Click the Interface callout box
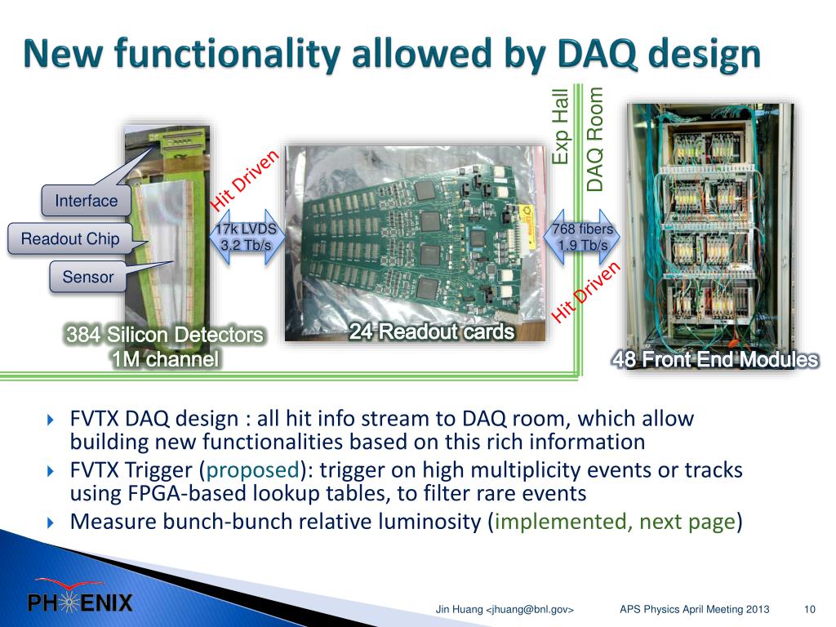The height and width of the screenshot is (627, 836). (x=87, y=201)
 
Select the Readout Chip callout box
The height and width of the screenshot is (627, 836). (x=70, y=238)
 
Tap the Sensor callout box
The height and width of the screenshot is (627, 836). (x=88, y=277)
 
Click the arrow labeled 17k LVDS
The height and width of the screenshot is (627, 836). (x=246, y=238)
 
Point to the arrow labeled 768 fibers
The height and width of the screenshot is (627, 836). (x=582, y=238)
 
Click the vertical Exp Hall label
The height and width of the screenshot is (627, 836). (x=560, y=127)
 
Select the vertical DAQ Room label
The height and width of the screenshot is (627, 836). (x=594, y=139)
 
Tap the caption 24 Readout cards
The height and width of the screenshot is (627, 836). (x=432, y=331)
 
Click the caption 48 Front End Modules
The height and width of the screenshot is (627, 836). (x=715, y=359)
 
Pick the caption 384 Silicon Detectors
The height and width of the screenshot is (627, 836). (x=165, y=335)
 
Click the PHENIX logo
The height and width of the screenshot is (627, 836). (x=79, y=596)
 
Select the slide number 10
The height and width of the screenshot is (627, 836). (x=809, y=609)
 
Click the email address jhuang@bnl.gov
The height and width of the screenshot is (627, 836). (x=530, y=609)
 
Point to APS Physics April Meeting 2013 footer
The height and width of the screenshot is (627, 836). (x=694, y=609)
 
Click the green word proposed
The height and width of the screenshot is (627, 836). (x=253, y=470)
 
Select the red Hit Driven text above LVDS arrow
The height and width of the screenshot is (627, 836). (x=245, y=180)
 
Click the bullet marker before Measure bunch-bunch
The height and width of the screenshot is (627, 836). (x=51, y=522)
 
